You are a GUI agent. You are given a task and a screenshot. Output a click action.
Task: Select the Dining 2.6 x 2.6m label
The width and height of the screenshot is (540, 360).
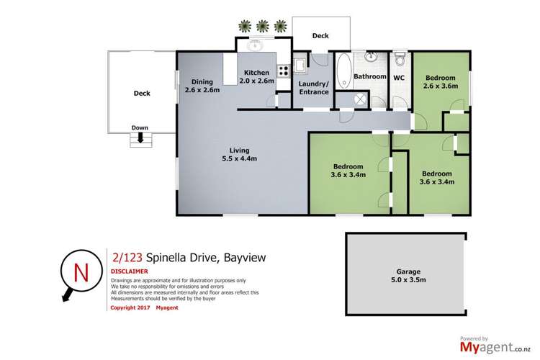point(200,86)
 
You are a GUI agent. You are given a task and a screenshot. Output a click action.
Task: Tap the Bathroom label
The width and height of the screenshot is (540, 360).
point(369,76)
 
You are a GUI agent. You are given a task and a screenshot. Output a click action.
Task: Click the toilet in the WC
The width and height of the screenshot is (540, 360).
point(401,58)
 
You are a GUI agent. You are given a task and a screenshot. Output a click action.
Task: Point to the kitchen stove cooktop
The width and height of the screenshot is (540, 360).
point(283,71)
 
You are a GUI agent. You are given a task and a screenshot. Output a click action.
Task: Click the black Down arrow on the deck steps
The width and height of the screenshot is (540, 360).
point(140,136)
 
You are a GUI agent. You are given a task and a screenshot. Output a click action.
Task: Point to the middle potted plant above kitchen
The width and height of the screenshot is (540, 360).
point(264,25)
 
